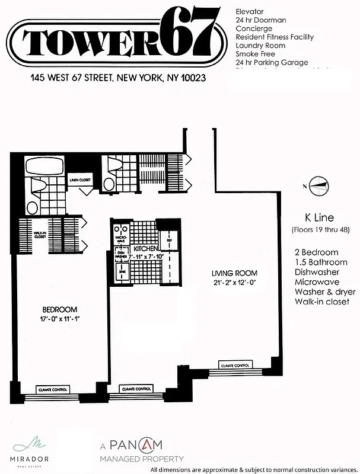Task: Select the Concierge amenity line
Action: coord(254,28)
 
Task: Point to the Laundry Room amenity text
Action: coord(260,45)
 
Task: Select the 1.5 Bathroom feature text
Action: coord(321,262)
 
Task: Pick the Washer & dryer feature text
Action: coord(325,292)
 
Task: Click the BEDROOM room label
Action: coord(60,309)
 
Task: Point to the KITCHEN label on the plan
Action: coord(145,249)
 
